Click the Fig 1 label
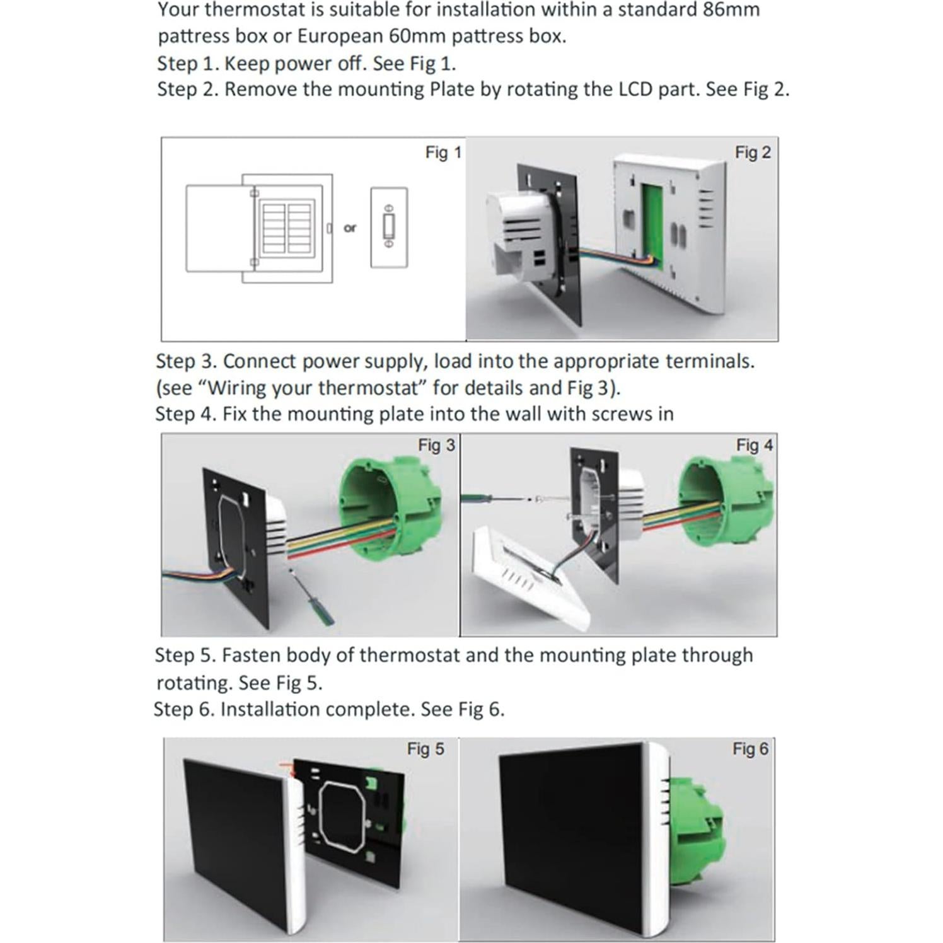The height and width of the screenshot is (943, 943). [443, 153]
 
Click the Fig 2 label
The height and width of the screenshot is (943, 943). [752, 153]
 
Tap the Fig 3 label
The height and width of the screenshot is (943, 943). [436, 445]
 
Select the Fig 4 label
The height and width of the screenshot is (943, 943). [754, 445]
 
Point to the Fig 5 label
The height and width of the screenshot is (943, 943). [425, 749]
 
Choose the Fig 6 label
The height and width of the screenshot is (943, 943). [750, 749]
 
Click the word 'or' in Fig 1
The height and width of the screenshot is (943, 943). [350, 228]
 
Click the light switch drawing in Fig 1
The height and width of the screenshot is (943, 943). [389, 228]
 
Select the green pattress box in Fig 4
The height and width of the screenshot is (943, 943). [725, 504]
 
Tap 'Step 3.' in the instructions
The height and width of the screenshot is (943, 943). [186, 361]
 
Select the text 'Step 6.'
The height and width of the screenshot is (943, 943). [184, 709]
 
